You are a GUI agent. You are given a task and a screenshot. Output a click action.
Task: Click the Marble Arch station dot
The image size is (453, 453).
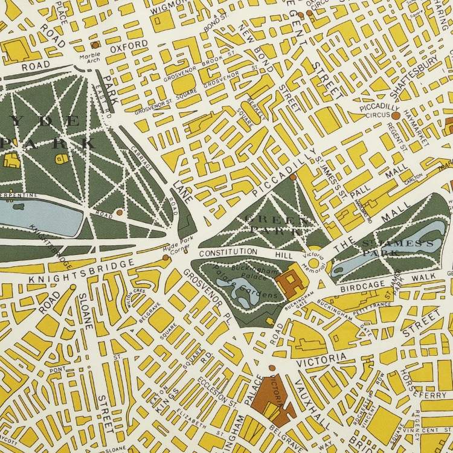(x=95, y=45)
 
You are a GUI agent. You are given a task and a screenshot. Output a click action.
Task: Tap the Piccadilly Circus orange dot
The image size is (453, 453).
(x=395, y=115)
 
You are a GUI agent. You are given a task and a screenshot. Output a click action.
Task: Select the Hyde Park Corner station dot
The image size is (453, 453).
(x=165, y=258)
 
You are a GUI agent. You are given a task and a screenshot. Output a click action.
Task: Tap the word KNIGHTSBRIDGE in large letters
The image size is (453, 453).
(x=80, y=272)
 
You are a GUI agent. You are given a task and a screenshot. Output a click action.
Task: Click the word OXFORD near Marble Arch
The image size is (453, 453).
(x=128, y=45)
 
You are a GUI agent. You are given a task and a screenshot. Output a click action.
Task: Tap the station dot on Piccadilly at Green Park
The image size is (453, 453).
(x=292, y=177)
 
